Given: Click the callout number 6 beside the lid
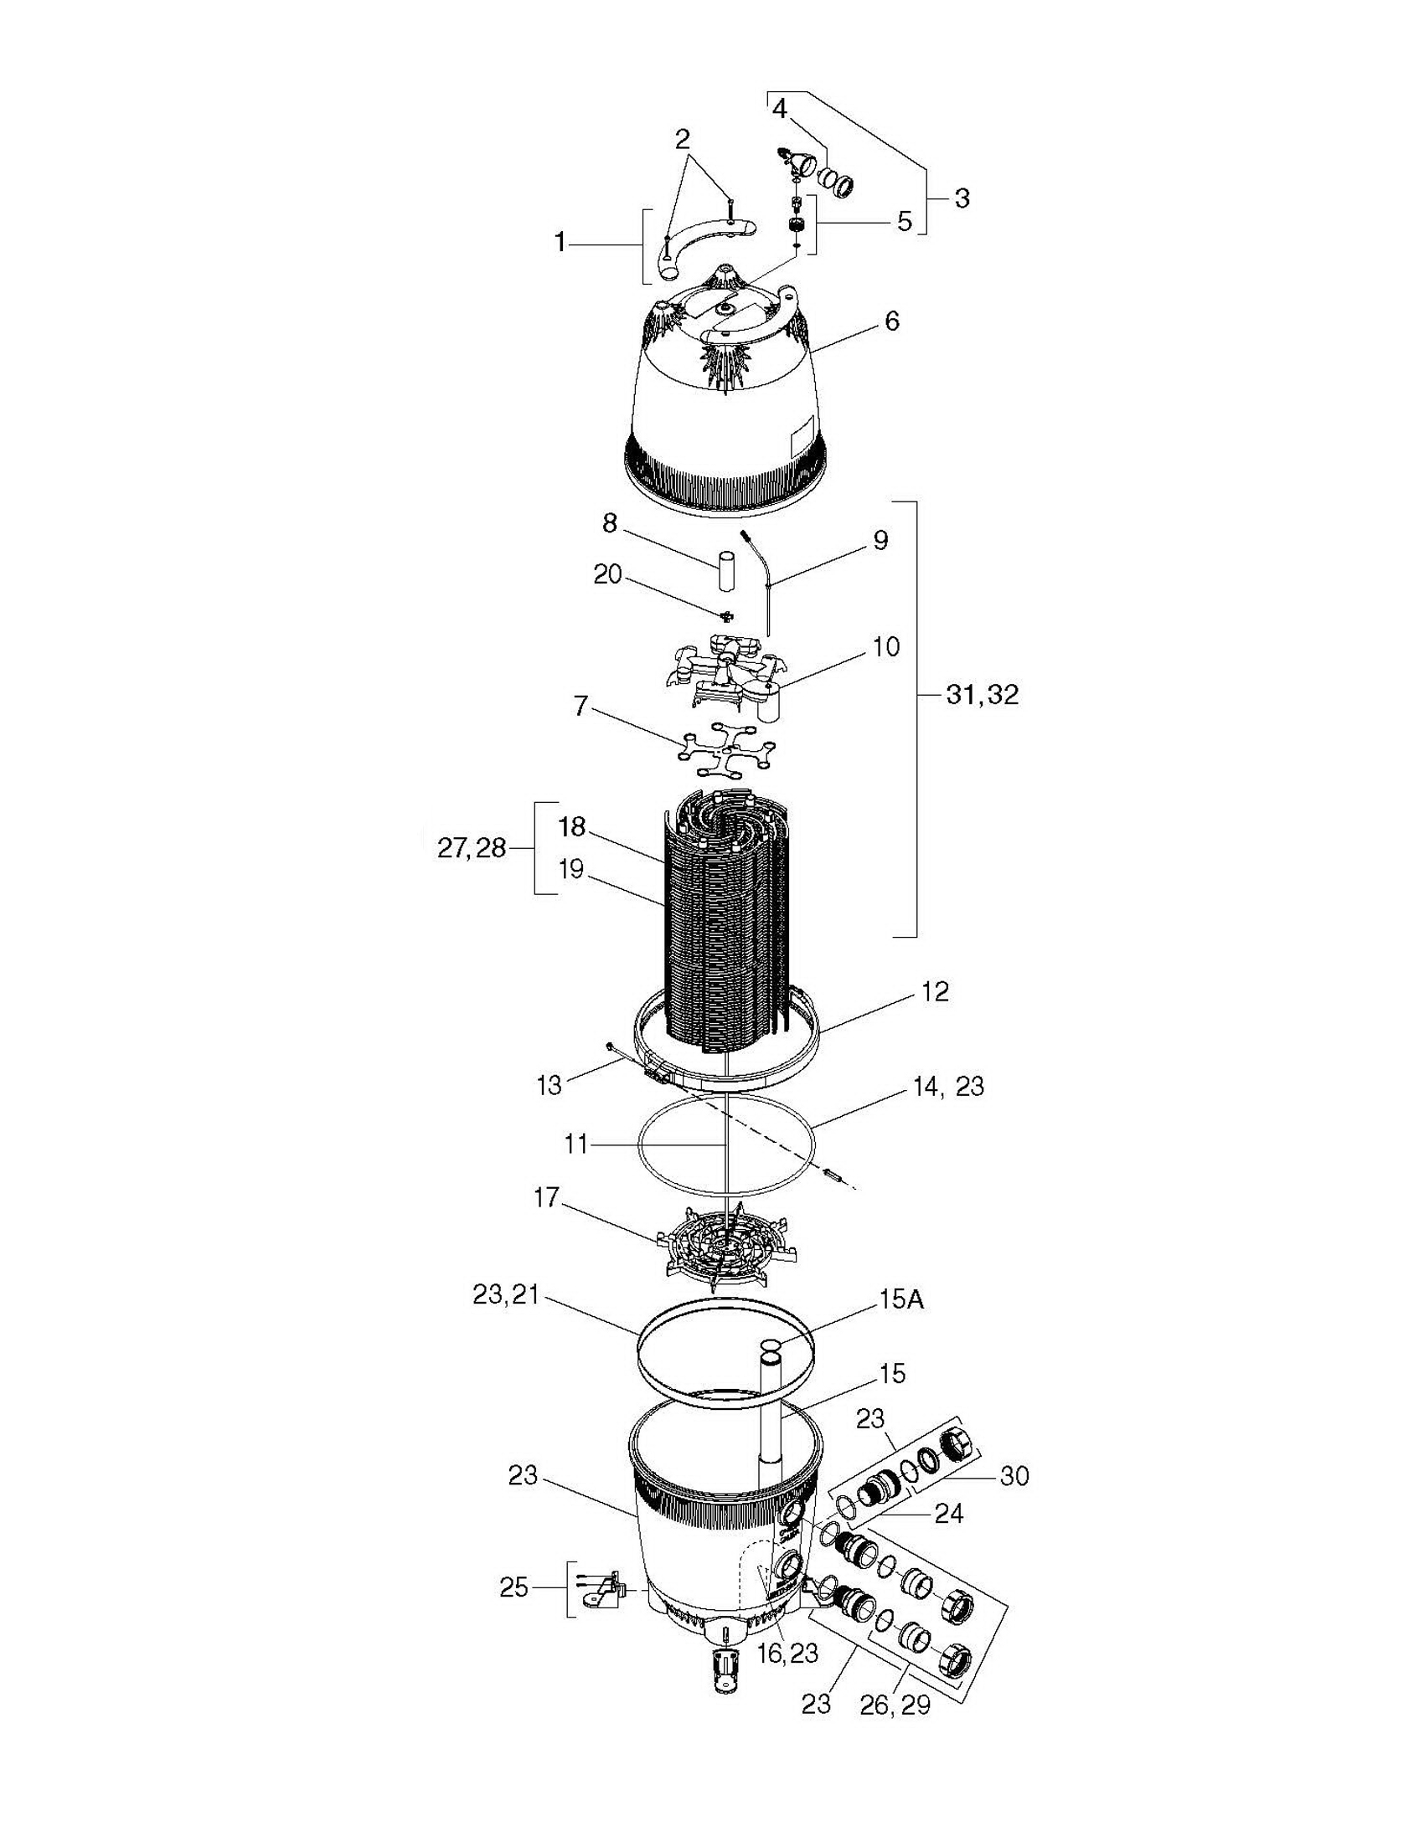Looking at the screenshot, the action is click(x=892, y=321).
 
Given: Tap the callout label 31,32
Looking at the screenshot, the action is click(x=983, y=695).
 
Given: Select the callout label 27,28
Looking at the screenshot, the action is click(x=472, y=848).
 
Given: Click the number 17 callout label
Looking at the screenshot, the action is click(x=546, y=1198).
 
